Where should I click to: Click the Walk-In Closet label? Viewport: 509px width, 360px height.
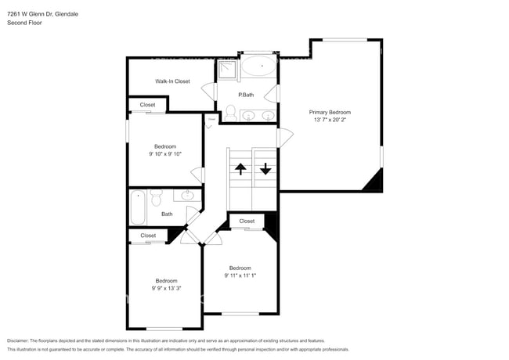coord(171,81)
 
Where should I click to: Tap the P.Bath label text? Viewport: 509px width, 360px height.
coord(246,95)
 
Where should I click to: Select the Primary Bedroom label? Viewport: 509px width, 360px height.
coord(330,112)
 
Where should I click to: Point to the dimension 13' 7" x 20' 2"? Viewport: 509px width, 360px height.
coord(330,120)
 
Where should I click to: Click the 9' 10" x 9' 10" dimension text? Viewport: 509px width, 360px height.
coord(164,154)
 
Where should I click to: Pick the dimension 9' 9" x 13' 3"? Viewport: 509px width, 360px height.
coord(165,288)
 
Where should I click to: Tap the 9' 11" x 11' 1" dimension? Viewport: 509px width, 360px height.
coord(240,275)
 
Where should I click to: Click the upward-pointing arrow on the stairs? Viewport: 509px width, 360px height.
coord(240,168)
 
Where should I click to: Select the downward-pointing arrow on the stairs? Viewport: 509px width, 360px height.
coord(265,168)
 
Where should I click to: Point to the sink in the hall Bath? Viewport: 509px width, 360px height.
coord(188,196)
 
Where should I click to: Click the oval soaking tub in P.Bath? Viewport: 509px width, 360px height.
coord(258,66)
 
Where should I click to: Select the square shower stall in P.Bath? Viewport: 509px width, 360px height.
coord(226,70)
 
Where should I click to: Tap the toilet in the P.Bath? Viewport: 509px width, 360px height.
coord(230,113)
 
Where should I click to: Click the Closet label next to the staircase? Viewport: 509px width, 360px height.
coord(247,221)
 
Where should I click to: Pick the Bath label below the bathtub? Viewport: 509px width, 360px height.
coord(167,214)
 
